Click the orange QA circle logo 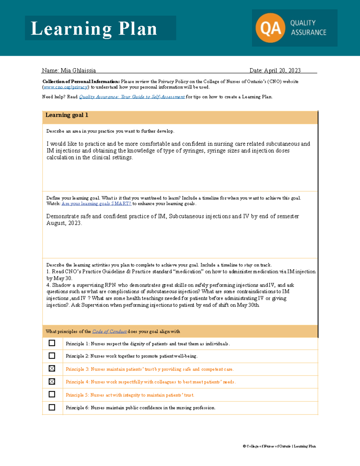270,28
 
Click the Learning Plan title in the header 94,29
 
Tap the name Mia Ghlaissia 78,71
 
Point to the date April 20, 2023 282,71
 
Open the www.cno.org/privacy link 66,87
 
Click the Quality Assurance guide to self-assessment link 132,97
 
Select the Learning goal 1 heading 67,115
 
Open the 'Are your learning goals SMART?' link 96,203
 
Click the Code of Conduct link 109,332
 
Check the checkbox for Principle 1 52,343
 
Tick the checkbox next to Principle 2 52,356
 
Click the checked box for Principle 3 52,368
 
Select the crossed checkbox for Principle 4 52,381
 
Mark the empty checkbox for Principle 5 52,394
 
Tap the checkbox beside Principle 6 52,407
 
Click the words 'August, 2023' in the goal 64,223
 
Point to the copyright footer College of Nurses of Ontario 279,446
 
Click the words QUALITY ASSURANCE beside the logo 308,28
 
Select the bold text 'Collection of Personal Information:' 81,82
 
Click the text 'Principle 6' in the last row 77,408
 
